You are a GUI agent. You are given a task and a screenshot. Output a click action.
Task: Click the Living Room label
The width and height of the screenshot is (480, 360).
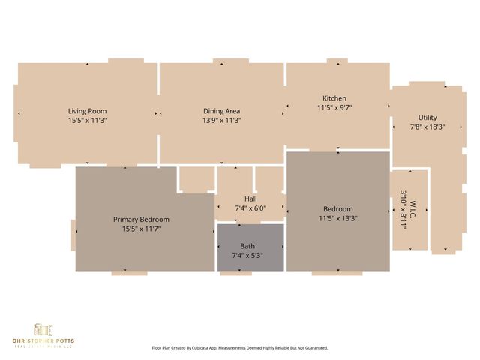[x=88, y=111]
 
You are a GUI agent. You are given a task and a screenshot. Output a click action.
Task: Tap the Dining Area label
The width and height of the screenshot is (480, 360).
[x=221, y=111]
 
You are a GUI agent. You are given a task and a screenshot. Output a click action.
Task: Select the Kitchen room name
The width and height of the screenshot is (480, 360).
[x=334, y=98]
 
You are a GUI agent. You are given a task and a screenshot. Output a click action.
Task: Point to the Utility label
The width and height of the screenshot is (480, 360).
[x=427, y=118]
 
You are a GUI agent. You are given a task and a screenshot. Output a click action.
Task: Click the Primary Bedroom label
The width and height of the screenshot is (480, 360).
[x=141, y=220]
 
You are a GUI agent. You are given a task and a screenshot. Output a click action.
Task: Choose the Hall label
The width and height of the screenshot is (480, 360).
[x=250, y=199]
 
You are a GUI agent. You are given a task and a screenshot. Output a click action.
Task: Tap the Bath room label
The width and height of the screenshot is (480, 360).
[x=247, y=246]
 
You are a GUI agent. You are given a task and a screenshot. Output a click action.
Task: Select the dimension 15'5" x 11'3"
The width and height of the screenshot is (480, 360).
[x=88, y=120]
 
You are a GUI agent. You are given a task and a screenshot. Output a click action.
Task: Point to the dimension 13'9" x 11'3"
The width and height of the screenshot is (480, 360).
[x=221, y=120]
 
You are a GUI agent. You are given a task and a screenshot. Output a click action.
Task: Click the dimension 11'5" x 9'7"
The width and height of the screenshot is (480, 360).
[x=334, y=107]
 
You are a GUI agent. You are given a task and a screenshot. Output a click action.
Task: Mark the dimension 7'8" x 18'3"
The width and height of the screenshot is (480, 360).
[x=427, y=127]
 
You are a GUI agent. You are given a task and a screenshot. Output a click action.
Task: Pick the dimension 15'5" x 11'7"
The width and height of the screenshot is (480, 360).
[x=141, y=229]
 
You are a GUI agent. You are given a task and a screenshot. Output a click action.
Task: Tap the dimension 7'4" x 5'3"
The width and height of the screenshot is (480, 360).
[x=247, y=256]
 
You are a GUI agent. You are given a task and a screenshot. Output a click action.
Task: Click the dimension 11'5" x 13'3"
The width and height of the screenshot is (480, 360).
[x=337, y=219]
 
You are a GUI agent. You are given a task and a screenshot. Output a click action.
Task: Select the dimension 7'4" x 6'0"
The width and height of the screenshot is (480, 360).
[x=250, y=208]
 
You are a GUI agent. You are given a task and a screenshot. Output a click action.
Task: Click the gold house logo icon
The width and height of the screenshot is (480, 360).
[x=43, y=330]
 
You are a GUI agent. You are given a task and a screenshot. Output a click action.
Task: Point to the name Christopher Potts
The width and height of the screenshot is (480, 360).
[x=43, y=341]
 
